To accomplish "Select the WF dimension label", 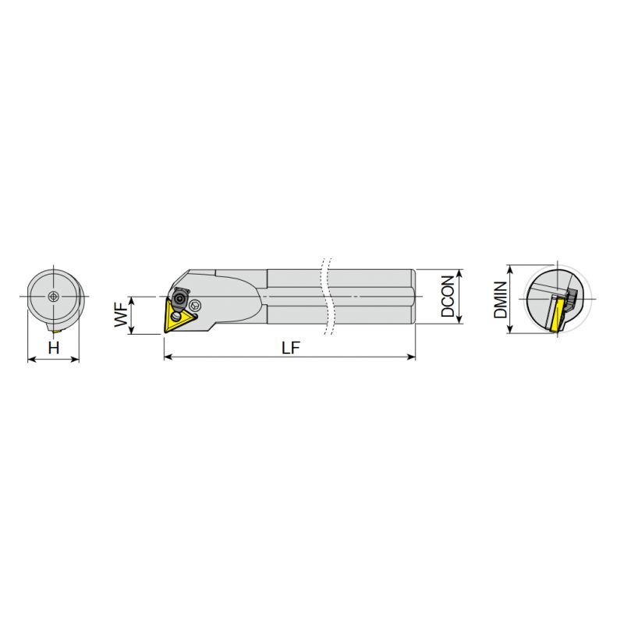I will (x=121, y=315).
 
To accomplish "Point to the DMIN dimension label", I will (x=500, y=300).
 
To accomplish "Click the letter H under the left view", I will (x=53, y=348).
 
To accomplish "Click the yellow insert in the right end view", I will (x=557, y=315).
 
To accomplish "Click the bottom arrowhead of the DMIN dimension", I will (x=509, y=331).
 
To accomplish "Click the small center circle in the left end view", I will (x=52, y=296).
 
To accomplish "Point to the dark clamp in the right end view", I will (x=570, y=298).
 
